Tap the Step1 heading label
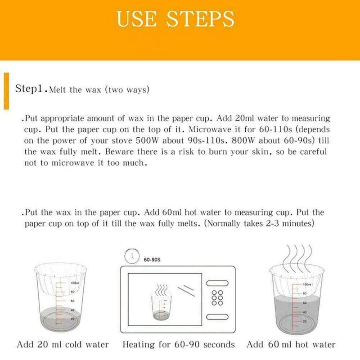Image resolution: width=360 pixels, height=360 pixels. [30, 88]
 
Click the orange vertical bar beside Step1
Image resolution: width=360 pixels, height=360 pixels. [6, 90]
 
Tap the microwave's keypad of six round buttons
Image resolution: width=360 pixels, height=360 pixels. [218, 297]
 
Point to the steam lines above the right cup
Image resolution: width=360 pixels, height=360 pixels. [297, 256]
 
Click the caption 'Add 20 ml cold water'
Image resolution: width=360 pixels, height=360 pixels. [63, 345]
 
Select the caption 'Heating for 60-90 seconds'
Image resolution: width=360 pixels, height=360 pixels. [179, 345]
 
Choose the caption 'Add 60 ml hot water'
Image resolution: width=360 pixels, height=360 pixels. [291, 345]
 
